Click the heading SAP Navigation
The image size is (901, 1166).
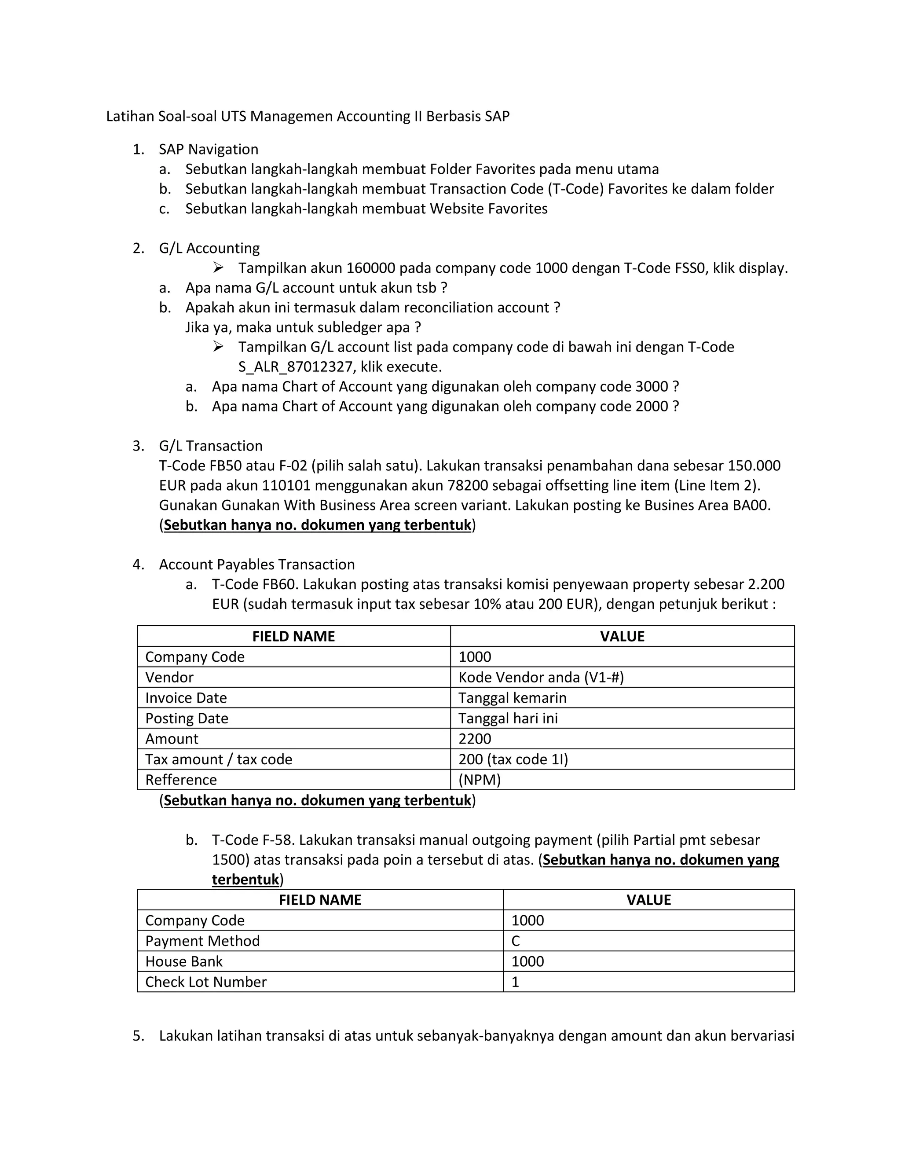tap(208, 150)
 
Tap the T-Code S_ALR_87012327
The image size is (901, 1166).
tap(296, 367)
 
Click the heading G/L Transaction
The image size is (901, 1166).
tap(210, 446)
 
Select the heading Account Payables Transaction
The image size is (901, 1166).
tap(257, 565)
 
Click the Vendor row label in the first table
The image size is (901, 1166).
tap(169, 678)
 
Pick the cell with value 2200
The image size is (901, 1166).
tap(475, 739)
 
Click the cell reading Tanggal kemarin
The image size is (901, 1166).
tap(512, 698)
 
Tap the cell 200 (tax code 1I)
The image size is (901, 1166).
tap(513, 759)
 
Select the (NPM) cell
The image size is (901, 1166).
tap(480, 780)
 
